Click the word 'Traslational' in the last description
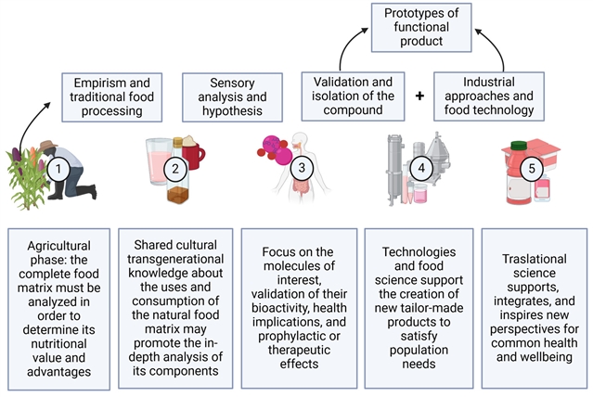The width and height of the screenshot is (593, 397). tap(526, 263)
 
